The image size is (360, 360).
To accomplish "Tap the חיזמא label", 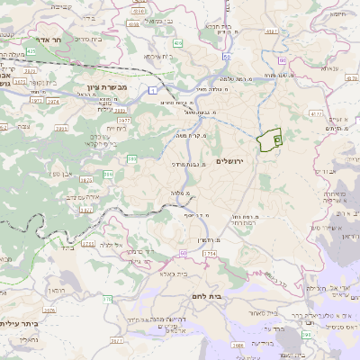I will point(339,14).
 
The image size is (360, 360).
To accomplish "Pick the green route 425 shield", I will point(31,51).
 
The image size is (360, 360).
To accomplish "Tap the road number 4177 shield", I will point(315,114).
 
